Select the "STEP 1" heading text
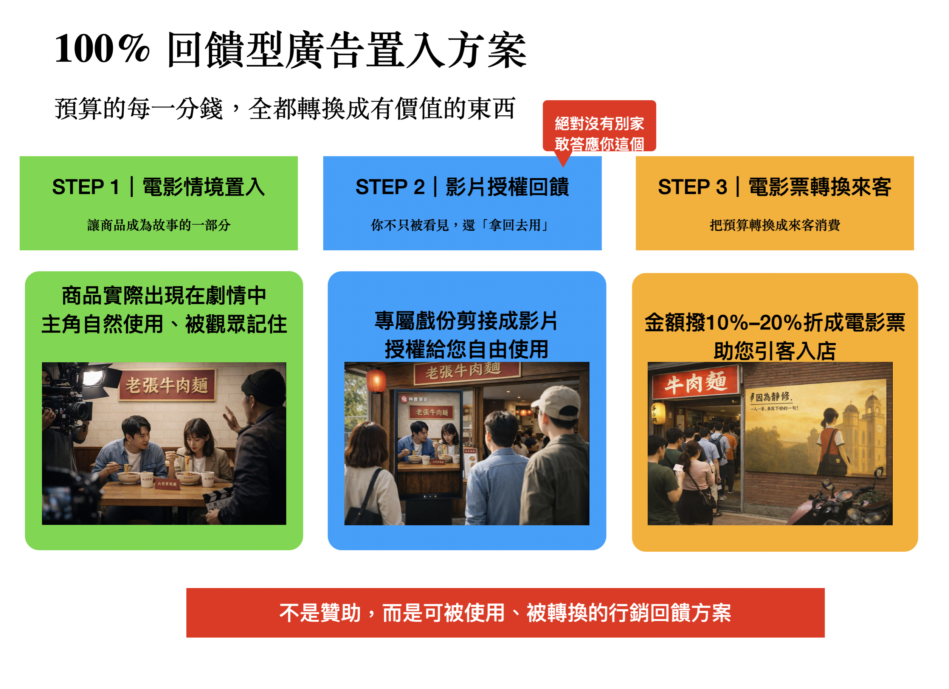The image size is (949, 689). (85, 187)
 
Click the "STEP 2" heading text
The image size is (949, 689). (389, 187)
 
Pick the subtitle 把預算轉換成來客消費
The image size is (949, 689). (775, 226)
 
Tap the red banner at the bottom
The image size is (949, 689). (505, 613)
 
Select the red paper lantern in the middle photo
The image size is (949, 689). (376, 380)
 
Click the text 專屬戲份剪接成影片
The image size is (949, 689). (466, 321)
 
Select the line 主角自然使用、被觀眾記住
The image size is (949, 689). (164, 324)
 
